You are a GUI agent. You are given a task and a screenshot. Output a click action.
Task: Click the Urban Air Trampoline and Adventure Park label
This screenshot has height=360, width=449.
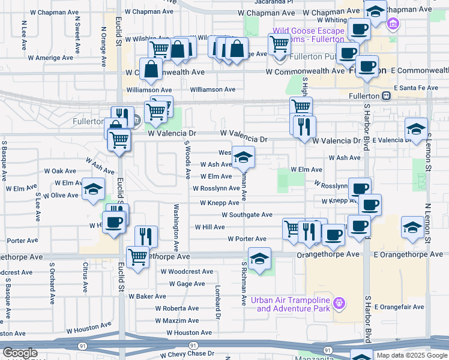click(294, 304)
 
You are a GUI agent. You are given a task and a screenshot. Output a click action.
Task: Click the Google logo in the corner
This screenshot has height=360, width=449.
click(20, 353)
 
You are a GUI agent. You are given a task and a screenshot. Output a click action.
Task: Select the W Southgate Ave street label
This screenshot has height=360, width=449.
click(247, 214)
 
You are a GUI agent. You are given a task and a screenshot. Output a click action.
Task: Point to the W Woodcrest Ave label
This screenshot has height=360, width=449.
click(187, 271)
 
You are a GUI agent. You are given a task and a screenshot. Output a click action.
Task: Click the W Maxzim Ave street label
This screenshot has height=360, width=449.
click(176, 320)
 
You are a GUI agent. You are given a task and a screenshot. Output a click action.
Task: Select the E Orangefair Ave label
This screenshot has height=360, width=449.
click(403, 307)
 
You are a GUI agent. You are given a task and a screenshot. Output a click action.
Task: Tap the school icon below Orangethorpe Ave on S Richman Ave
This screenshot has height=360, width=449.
click(259, 260)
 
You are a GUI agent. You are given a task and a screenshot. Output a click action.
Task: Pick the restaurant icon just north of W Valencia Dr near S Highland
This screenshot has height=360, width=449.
click(306, 126)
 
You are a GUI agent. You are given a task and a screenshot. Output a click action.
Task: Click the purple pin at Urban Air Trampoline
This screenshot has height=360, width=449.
click(339, 302)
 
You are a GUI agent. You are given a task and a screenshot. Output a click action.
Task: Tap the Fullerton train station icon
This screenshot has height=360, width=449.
click(387, 95)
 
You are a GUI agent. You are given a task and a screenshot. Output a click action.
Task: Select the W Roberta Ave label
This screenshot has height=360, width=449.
click(176, 308)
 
